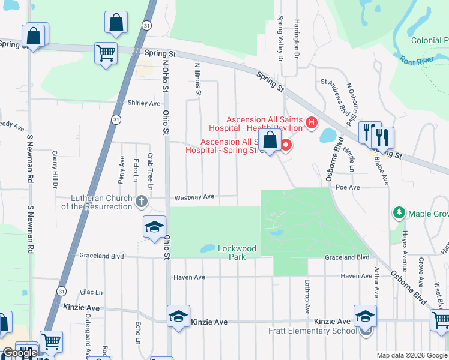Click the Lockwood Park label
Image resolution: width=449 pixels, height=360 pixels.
pyautogui.click(x=237, y=253)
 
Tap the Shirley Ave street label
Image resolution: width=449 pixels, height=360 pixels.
pyautogui.click(x=144, y=103)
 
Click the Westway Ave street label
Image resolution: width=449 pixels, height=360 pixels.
pyautogui.click(x=194, y=197)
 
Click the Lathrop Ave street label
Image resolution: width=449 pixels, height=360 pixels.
pyautogui.click(x=306, y=298)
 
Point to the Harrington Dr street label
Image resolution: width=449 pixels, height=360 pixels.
pyautogui.click(x=296, y=38)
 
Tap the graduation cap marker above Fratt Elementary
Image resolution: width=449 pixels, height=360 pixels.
pyautogui.click(x=365, y=317)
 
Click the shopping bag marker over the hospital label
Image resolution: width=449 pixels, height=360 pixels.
pyautogui.click(x=270, y=142)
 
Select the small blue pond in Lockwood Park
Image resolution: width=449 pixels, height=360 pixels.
pyautogui.click(x=208, y=248)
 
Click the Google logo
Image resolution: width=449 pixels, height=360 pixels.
pyautogui.click(x=19, y=352)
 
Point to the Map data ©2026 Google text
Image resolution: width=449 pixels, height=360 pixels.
pyautogui.click(x=412, y=355)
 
